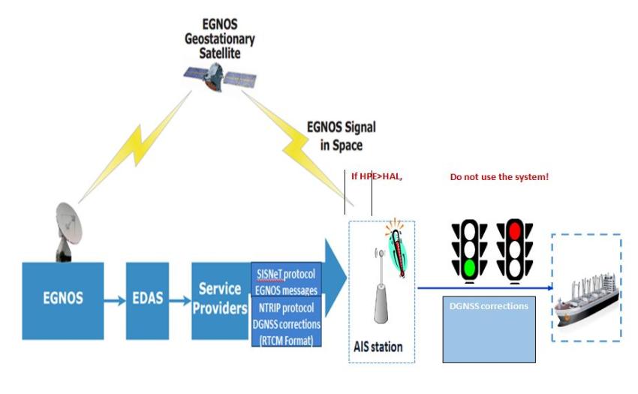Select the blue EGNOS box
(62, 299)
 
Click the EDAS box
(147, 299)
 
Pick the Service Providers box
(219, 298)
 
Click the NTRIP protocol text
(286, 308)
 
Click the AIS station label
(378, 347)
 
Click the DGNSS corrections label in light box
(487, 306)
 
